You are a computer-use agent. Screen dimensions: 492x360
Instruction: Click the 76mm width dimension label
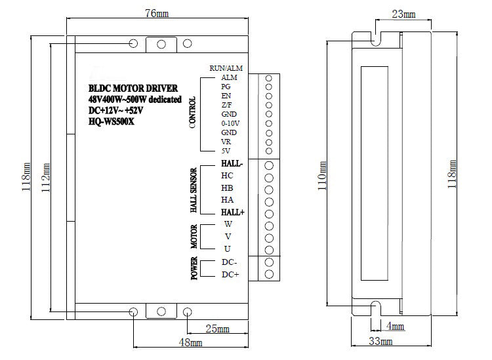pyautogui.click(x=157, y=14)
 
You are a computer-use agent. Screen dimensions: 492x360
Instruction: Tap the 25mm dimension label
pyautogui.click(x=217, y=329)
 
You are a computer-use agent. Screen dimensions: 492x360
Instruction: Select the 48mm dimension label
pyautogui.click(x=190, y=342)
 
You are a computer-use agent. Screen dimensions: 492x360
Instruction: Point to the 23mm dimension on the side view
pyautogui.click(x=403, y=14)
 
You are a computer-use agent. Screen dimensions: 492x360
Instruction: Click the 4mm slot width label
pyautogui.click(x=395, y=326)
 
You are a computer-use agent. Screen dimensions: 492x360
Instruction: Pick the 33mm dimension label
pyautogui.click(x=380, y=341)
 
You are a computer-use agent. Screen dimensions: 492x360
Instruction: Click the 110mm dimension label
pyautogui.click(x=322, y=176)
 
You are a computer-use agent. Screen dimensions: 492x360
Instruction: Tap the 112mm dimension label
pyautogui.click(x=46, y=178)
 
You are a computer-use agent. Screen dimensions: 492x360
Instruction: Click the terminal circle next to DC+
pyautogui.click(x=269, y=274)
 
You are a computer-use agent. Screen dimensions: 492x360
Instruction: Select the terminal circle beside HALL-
pyautogui.click(x=269, y=165)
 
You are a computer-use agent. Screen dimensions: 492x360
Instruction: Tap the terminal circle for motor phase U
pyautogui.click(x=269, y=250)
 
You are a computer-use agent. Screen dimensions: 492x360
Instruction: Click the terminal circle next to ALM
pyautogui.click(x=268, y=78)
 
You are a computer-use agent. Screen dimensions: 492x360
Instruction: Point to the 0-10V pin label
pyautogui.click(x=230, y=123)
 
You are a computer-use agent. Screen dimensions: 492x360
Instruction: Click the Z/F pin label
pyautogui.click(x=226, y=105)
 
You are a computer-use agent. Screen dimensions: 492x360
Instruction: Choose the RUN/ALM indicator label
pyautogui.click(x=226, y=68)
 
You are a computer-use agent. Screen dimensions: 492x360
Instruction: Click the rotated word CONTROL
pyautogui.click(x=193, y=112)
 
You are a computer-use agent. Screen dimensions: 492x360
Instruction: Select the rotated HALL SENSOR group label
pyautogui.click(x=194, y=190)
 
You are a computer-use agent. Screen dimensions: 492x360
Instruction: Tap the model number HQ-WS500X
pyautogui.click(x=111, y=121)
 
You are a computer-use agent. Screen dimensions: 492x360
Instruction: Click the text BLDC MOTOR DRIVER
pyautogui.click(x=133, y=88)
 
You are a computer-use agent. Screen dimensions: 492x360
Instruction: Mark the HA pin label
pyautogui.click(x=227, y=200)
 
